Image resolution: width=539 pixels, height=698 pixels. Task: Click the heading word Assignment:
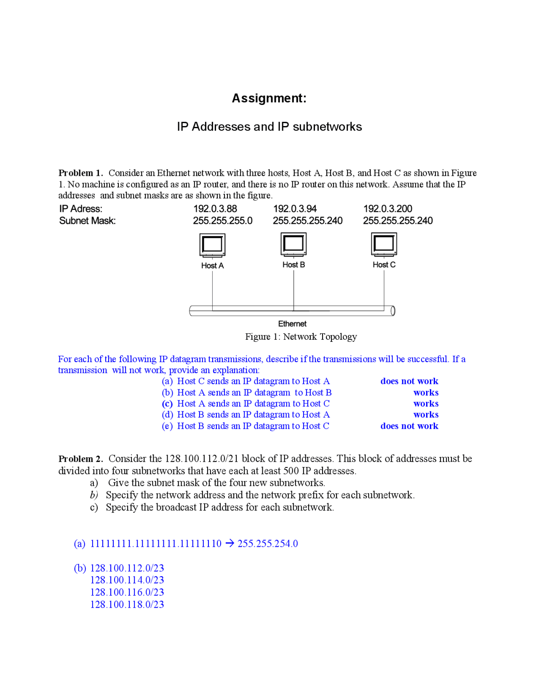(x=269, y=98)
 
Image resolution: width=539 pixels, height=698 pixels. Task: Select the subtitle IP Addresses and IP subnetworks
(x=269, y=126)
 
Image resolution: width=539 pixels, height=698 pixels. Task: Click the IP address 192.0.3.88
(x=215, y=209)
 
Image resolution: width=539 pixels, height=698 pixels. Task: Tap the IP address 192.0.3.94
(x=295, y=209)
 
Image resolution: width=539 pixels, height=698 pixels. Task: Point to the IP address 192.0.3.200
(x=387, y=209)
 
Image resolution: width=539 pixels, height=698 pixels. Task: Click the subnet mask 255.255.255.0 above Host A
(x=222, y=220)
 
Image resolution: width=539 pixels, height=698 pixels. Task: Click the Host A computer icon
(x=212, y=245)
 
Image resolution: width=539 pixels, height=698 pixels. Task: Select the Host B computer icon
(x=294, y=244)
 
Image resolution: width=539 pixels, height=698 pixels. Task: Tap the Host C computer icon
(x=384, y=244)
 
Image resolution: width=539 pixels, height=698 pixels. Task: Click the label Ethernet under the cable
(x=292, y=324)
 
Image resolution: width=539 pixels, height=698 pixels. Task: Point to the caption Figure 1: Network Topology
(x=301, y=336)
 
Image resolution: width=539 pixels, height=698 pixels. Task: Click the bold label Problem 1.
(x=80, y=173)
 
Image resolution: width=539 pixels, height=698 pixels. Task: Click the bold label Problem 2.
(x=80, y=459)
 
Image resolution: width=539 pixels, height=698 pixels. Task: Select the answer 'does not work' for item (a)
(x=409, y=381)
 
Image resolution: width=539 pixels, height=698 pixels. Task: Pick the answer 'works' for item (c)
(x=426, y=403)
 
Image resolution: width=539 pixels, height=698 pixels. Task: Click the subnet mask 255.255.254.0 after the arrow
(x=267, y=543)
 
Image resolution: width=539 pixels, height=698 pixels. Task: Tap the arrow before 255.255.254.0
(x=229, y=543)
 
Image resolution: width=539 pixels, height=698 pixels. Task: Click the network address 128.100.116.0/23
(x=127, y=592)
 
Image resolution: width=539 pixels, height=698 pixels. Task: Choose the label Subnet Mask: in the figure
(x=87, y=220)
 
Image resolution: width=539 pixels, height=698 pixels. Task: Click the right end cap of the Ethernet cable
(x=392, y=311)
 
